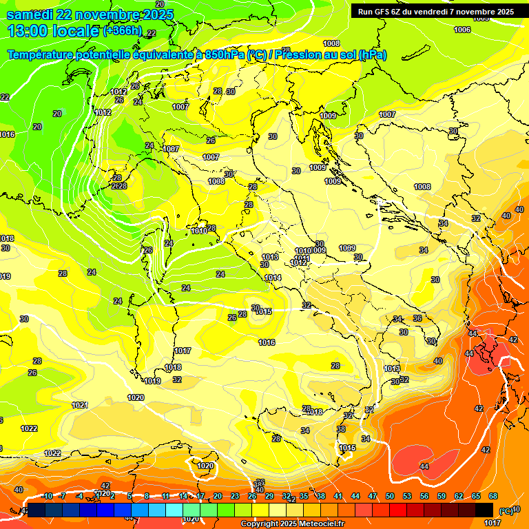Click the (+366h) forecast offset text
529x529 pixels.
[123, 30]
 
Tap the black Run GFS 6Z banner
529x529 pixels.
[435, 12]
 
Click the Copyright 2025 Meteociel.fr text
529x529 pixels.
[293, 523]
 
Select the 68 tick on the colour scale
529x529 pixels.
[493, 496]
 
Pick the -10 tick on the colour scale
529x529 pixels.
[47, 496]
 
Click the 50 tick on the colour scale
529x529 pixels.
[390, 496]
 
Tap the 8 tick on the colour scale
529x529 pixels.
[147, 496]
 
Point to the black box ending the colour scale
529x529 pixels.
[484, 509]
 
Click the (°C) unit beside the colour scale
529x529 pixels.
[506, 510]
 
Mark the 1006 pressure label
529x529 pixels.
[462, 30]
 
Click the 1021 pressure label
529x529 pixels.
[80, 405]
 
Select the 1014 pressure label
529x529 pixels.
[273, 278]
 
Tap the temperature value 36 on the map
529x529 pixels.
[417, 318]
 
